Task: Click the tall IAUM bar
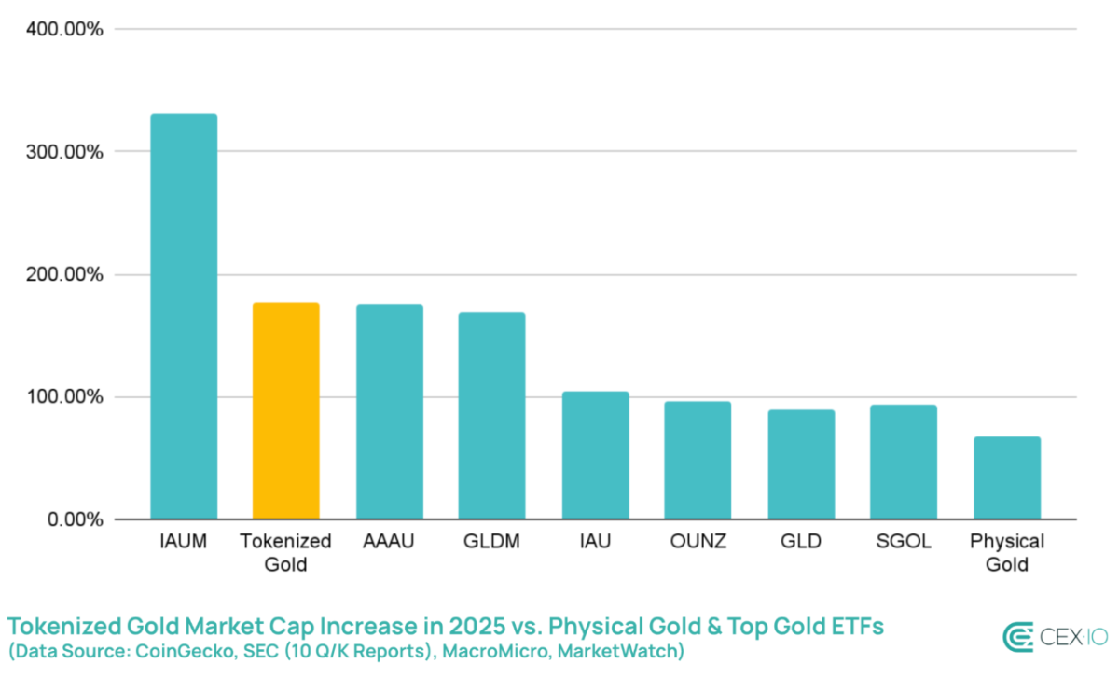click(x=184, y=316)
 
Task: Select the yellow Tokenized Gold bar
click(x=285, y=410)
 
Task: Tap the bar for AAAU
click(x=390, y=411)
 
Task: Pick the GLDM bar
click(x=492, y=416)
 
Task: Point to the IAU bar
click(x=596, y=455)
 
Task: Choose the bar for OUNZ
click(x=698, y=460)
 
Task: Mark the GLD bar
click(x=801, y=464)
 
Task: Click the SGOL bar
click(x=904, y=462)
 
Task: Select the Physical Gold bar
click(x=1007, y=477)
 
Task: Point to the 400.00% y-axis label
click(x=64, y=29)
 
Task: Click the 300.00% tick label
click(x=64, y=151)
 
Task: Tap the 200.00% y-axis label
click(x=64, y=274)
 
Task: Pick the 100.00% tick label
click(x=64, y=396)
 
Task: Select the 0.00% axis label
click(x=76, y=519)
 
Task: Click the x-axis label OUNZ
click(x=698, y=541)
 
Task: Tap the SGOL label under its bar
click(x=904, y=541)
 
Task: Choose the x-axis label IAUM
click(x=184, y=541)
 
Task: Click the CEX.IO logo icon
click(x=1017, y=637)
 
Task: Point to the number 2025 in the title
click(x=477, y=626)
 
